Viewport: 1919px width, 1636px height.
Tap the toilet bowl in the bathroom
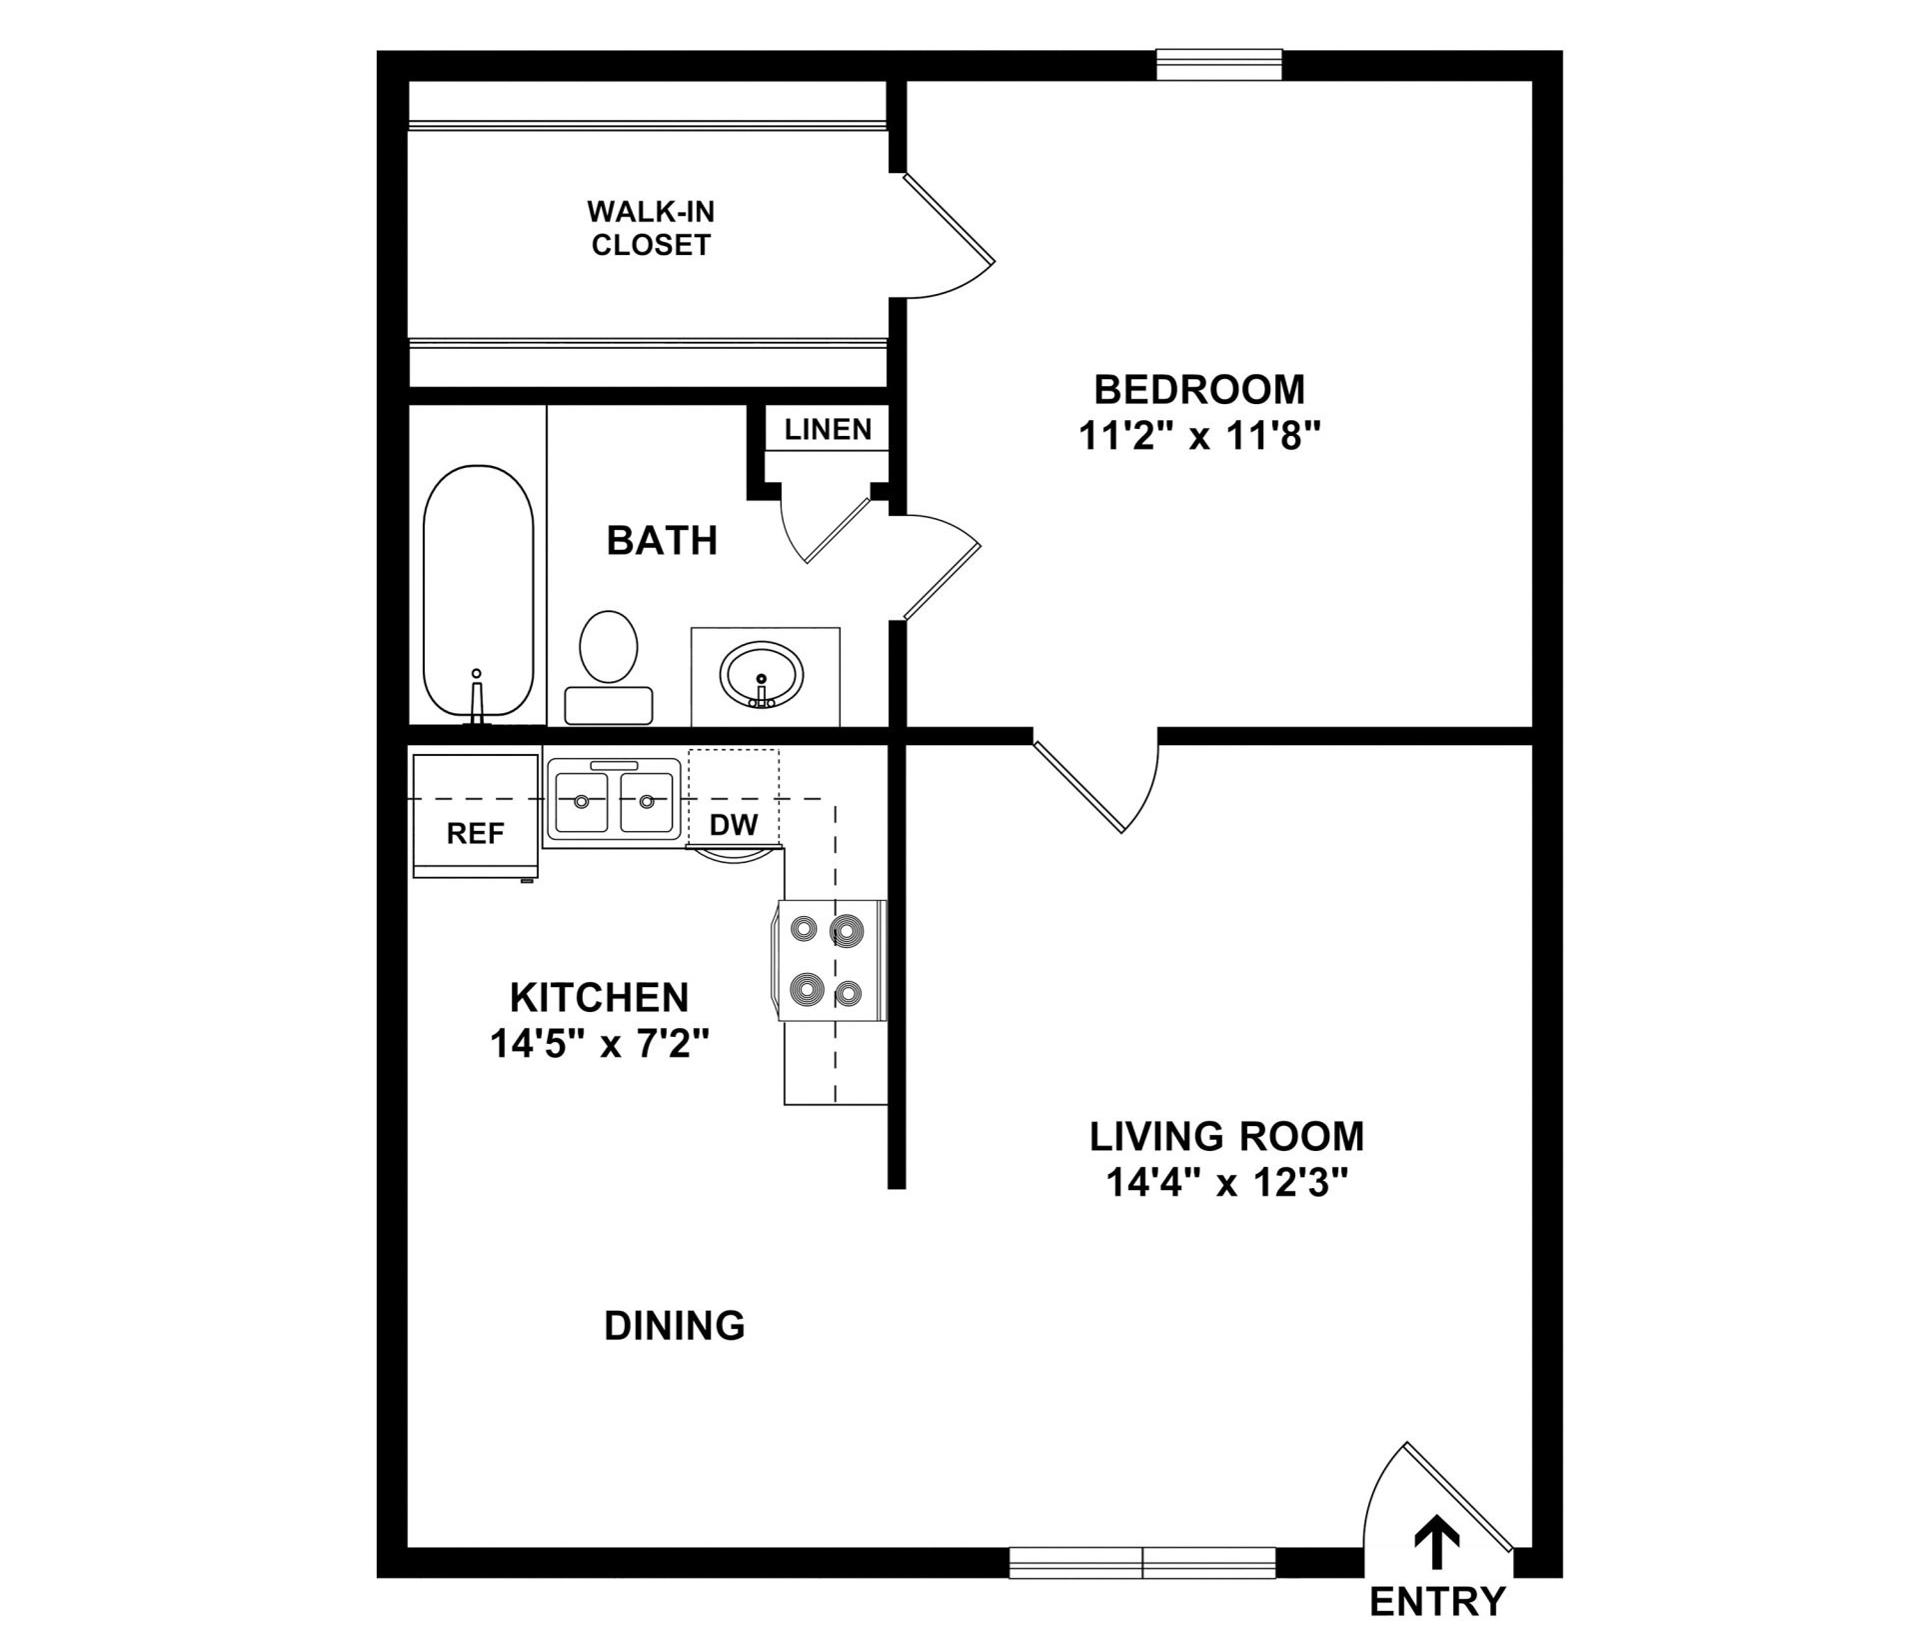609,647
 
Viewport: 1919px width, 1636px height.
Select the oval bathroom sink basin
762,673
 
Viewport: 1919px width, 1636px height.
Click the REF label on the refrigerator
476,833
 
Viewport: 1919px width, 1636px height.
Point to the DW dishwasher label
734,825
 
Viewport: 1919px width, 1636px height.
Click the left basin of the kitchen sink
582,802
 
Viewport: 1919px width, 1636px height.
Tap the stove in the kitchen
829,960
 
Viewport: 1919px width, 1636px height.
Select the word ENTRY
1437,1602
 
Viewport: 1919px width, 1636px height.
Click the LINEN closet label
828,430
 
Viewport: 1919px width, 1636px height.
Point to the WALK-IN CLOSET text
651,228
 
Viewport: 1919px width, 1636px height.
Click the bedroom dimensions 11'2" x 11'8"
1200,436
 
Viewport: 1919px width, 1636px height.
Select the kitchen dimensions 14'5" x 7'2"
600,1044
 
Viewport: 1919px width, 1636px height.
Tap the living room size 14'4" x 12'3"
1227,1183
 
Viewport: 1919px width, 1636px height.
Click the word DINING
675,1326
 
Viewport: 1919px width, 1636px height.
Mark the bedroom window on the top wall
1219,65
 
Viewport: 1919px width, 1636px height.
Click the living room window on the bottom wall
1142,1562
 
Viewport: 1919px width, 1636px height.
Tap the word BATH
663,541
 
